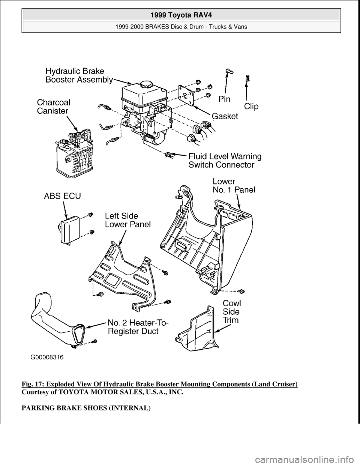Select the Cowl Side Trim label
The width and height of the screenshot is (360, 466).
232,311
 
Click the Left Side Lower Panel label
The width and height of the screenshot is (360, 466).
127,220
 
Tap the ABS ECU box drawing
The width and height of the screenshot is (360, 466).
69,232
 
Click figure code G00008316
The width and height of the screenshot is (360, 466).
47,358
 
